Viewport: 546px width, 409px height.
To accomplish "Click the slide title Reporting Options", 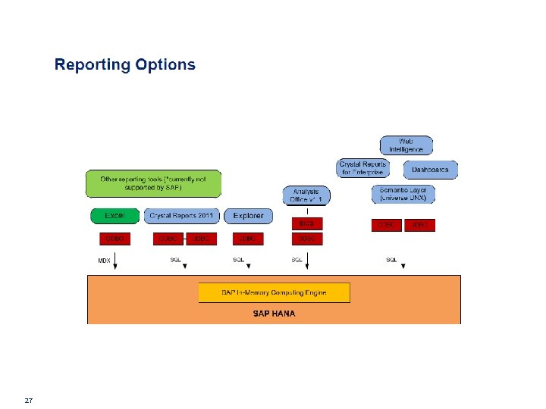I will tap(124, 65).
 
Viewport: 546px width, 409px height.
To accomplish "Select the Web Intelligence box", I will tap(406, 145).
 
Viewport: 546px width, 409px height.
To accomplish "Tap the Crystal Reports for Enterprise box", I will tap(362, 168).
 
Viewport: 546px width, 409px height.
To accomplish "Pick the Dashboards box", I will tap(430, 169).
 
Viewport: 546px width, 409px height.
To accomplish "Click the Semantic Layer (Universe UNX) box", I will tap(403, 194).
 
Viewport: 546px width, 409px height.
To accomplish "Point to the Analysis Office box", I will tap(307, 195).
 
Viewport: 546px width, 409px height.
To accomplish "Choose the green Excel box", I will tap(115, 216).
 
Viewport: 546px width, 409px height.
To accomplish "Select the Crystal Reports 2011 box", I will tap(183, 216).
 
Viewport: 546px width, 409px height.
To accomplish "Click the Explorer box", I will tap(248, 216).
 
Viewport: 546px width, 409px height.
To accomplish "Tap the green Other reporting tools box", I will tap(152, 183).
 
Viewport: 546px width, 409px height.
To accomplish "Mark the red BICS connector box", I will tap(307, 224).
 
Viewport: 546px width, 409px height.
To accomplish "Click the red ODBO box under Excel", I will tap(115, 239).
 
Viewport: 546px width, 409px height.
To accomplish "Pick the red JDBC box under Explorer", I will tap(248, 239).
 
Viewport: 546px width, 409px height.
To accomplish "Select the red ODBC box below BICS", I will tap(307, 239).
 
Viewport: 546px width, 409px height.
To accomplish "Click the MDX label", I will tap(105, 260).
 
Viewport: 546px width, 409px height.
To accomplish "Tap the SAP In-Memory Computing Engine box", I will tap(274, 292).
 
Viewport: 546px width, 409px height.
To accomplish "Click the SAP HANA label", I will tap(274, 313).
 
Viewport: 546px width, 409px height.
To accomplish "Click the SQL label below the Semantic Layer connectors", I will tap(391, 260).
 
